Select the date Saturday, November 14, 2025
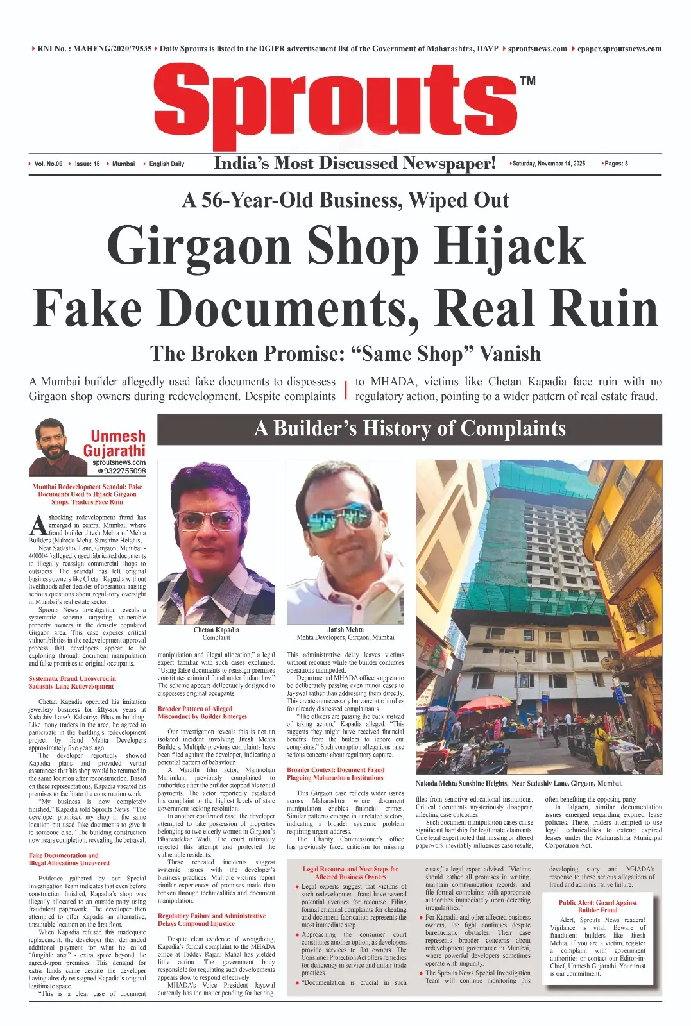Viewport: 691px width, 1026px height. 549,164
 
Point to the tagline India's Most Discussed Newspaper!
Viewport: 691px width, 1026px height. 355,164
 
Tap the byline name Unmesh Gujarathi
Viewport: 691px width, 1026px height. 115,444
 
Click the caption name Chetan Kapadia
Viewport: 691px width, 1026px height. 216,630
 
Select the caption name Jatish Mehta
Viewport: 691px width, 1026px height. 345,630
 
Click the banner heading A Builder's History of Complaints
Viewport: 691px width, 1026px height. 409,429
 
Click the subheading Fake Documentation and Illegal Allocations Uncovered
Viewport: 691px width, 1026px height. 69,859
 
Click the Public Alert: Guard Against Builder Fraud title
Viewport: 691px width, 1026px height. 597,906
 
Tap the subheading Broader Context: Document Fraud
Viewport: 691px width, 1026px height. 335,773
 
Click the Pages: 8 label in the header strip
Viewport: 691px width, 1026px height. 615,164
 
